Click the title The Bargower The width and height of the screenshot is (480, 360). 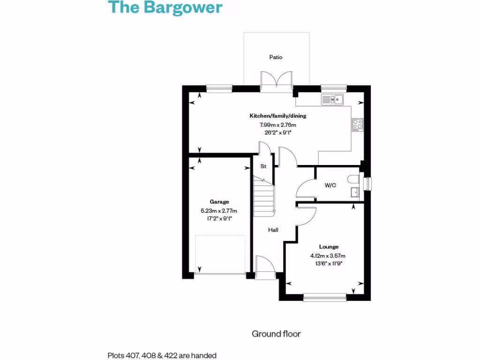tap(165, 8)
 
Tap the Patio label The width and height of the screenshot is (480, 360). tap(276, 57)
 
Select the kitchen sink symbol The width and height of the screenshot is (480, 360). tap(332, 99)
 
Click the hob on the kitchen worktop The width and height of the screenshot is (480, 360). tap(357, 124)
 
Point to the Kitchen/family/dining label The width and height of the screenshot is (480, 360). tap(278, 116)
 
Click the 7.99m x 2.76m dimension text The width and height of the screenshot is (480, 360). tap(278, 125)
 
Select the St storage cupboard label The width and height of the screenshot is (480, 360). tap(263, 166)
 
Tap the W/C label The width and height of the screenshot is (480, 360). tap(330, 185)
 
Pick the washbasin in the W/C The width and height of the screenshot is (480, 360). tap(355, 192)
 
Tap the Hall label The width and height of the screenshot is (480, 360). tap(273, 230)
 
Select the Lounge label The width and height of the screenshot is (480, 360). tap(329, 247)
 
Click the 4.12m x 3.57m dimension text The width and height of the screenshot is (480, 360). tap(328, 255)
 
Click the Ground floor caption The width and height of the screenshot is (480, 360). tap(276, 334)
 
